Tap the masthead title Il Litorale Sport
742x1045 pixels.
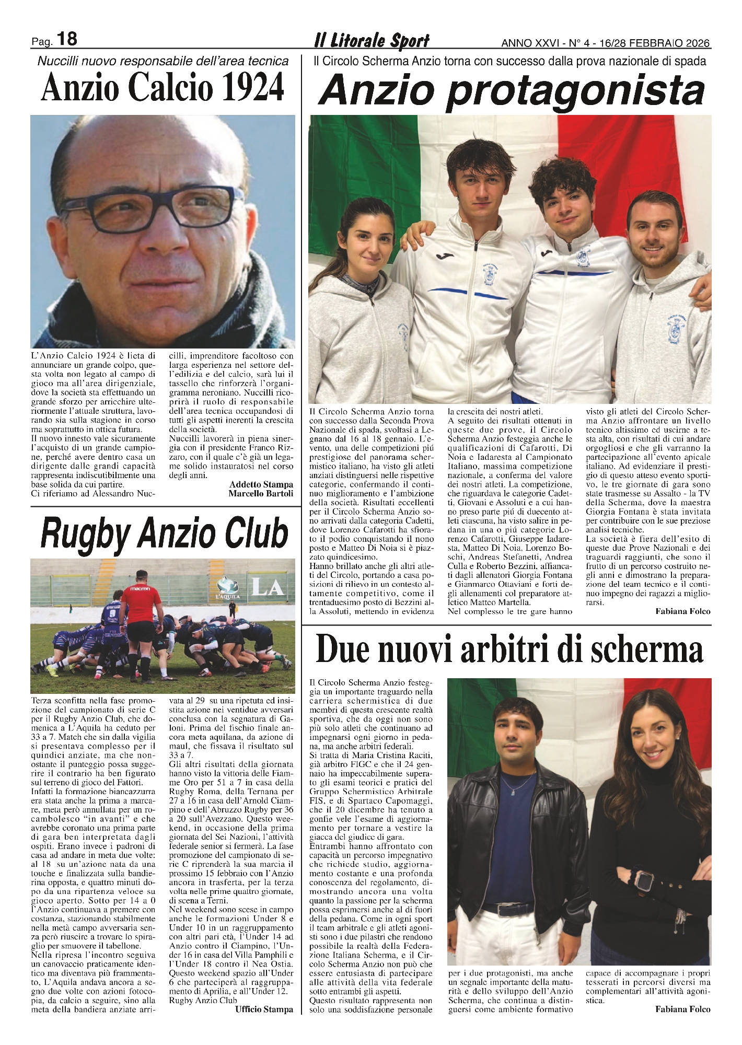pos(372,40)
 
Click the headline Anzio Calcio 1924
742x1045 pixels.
pos(163,88)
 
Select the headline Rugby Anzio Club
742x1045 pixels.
pos(164,533)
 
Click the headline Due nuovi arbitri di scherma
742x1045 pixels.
pos(509,651)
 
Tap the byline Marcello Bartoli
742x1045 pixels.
pos(261,493)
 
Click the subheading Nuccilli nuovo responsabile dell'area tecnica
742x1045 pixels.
pos(163,61)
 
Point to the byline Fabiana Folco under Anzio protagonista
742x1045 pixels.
pos(682,611)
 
